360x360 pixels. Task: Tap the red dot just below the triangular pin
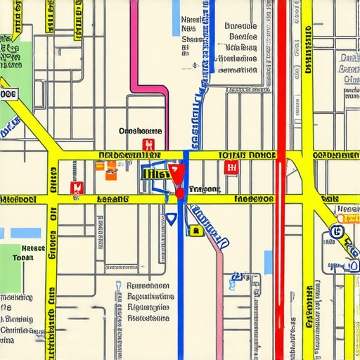coord(180,191)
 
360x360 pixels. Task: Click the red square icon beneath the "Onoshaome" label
coord(148,145)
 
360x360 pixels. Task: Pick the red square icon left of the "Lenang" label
coord(77,187)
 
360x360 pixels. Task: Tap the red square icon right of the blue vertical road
coord(230,167)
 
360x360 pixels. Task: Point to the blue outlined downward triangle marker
coord(171,219)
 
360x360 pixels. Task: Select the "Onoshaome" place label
coord(141,131)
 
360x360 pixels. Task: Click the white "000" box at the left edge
coord(8,94)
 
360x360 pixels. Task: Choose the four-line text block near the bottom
coord(149,302)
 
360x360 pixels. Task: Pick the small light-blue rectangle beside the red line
coord(268,262)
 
